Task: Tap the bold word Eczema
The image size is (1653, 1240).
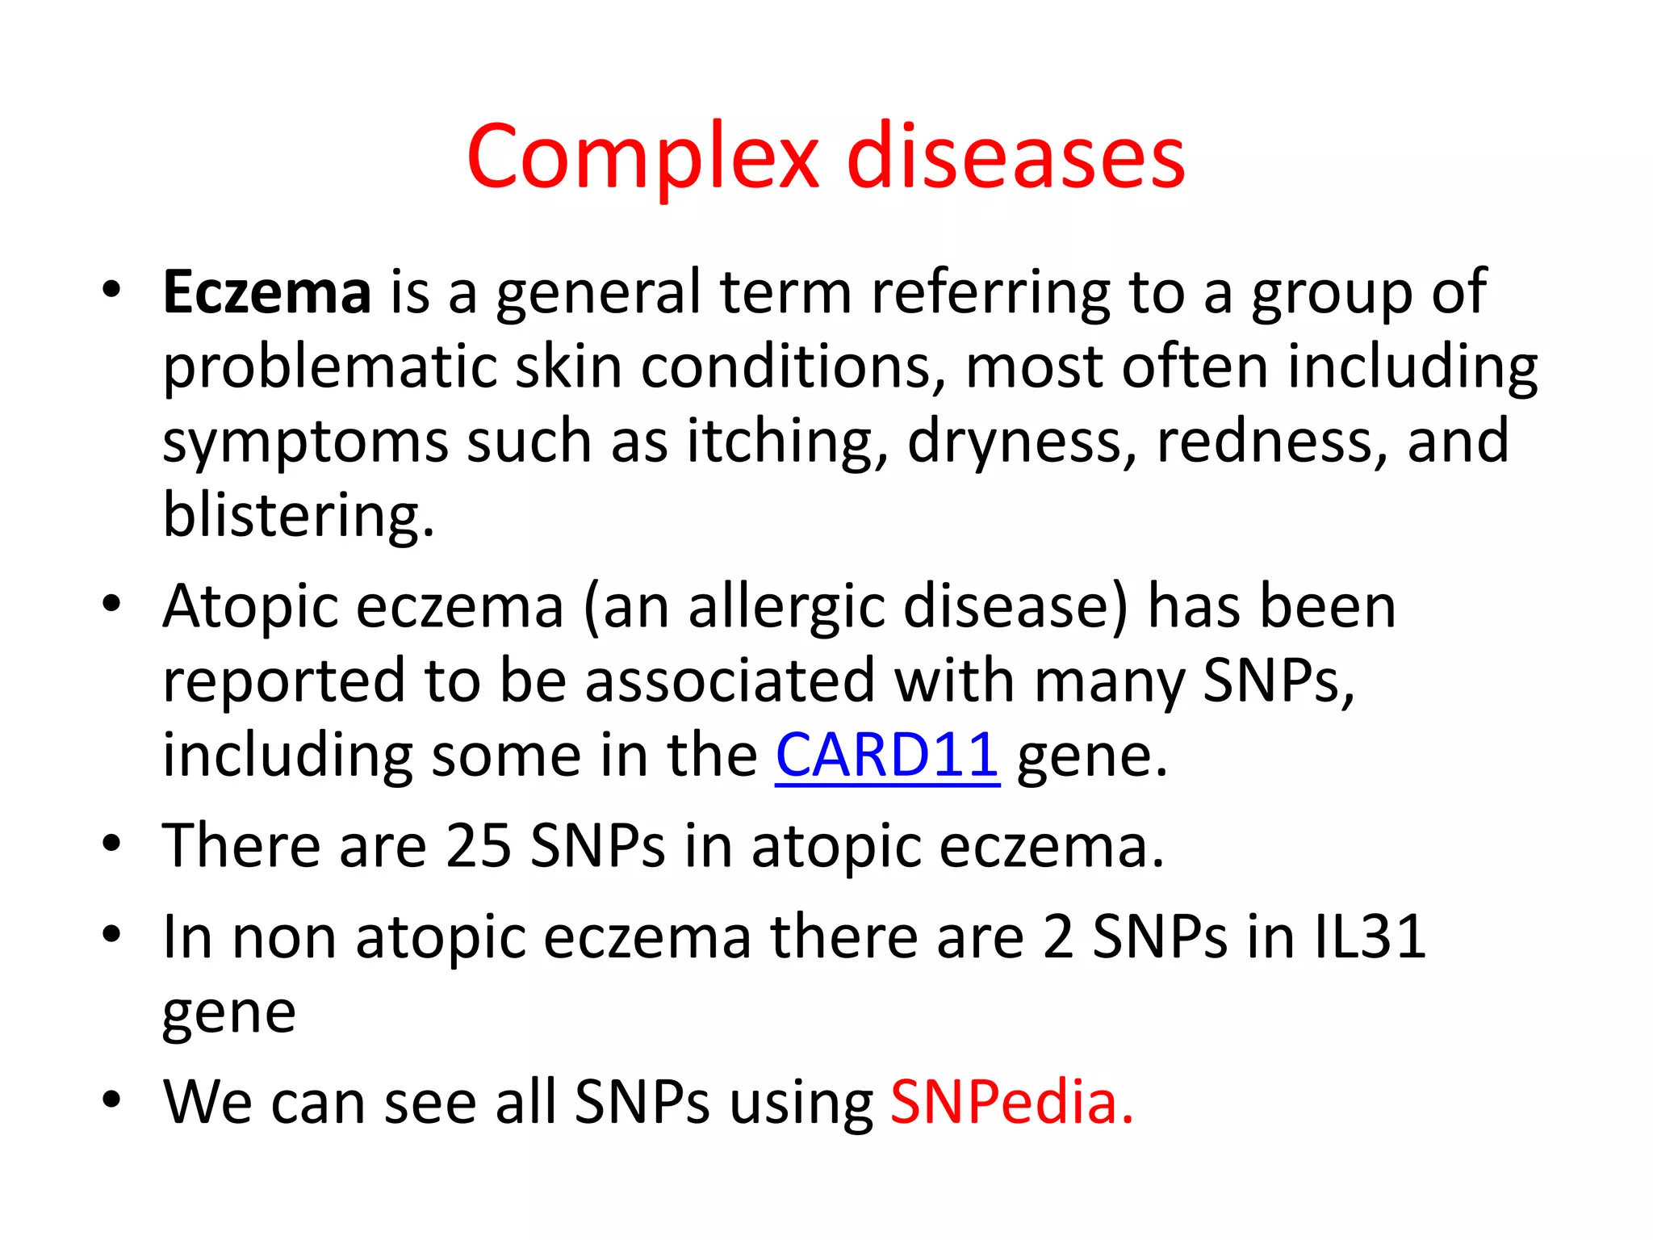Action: pyautogui.click(x=267, y=291)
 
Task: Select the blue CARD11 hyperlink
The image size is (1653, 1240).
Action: pyautogui.click(x=887, y=755)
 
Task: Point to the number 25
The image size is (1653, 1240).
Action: pyautogui.click(x=479, y=846)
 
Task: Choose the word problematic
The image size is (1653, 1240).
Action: pyautogui.click(x=329, y=367)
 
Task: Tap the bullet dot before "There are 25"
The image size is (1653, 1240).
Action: pyautogui.click(x=111, y=844)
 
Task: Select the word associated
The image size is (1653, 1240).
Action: pyautogui.click(x=730, y=681)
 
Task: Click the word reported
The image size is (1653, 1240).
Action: pyautogui.click(x=283, y=681)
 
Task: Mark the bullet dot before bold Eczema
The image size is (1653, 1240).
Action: pyautogui.click(x=111, y=289)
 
